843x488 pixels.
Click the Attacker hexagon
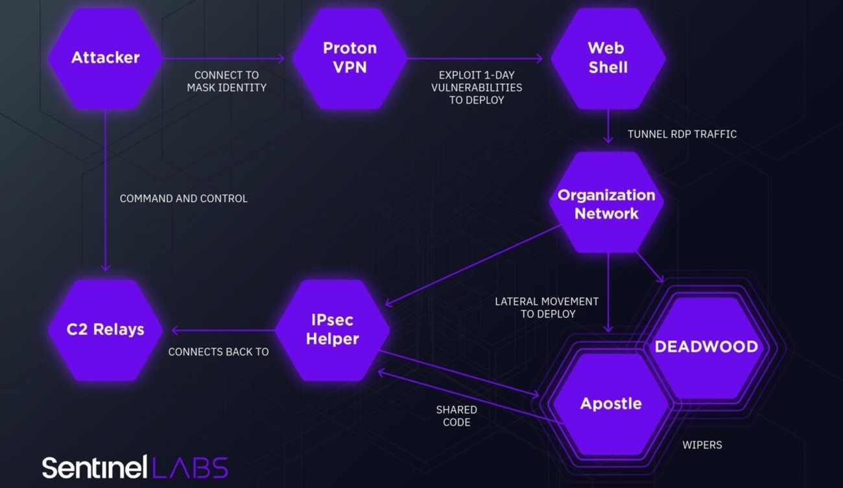(105, 58)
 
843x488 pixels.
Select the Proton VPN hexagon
(350, 58)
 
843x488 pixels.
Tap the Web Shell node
(608, 58)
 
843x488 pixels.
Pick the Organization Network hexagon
(606, 203)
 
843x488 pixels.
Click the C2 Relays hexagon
(105, 329)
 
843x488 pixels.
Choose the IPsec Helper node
(332, 329)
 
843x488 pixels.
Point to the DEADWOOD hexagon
(706, 346)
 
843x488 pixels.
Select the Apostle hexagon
(610, 403)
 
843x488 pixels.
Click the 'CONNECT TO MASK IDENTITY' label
(226, 81)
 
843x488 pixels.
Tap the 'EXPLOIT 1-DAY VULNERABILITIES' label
(477, 87)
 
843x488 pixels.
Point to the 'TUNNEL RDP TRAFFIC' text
(682, 134)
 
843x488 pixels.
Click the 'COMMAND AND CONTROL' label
(184, 198)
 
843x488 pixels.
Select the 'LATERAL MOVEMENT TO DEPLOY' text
(547, 307)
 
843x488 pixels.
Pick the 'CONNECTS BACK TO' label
(218, 352)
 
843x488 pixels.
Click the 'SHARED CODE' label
(457, 416)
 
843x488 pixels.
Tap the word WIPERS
(702, 445)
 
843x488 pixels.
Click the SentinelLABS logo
(135, 467)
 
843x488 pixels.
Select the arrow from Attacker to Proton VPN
(224, 59)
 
